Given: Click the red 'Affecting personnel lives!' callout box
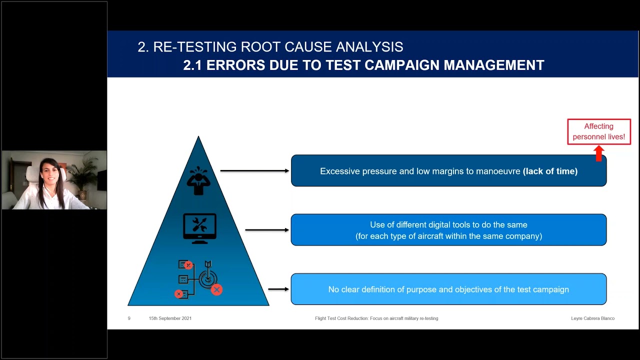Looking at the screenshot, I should [599, 131].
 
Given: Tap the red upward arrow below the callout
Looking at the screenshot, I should [599, 153].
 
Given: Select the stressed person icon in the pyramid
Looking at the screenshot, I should [198, 179].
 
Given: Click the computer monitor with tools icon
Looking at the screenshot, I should [199, 228].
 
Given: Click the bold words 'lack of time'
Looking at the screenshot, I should [550, 171].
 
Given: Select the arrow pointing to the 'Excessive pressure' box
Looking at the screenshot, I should [254, 171].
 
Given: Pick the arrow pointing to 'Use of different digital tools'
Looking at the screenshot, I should [267, 230].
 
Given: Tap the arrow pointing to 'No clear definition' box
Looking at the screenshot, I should [278, 289].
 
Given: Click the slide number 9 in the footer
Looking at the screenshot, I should [129, 318].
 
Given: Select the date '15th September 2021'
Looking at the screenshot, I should [170, 318].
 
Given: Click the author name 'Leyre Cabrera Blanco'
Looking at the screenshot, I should [592, 318].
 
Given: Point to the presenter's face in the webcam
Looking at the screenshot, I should [50, 173].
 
